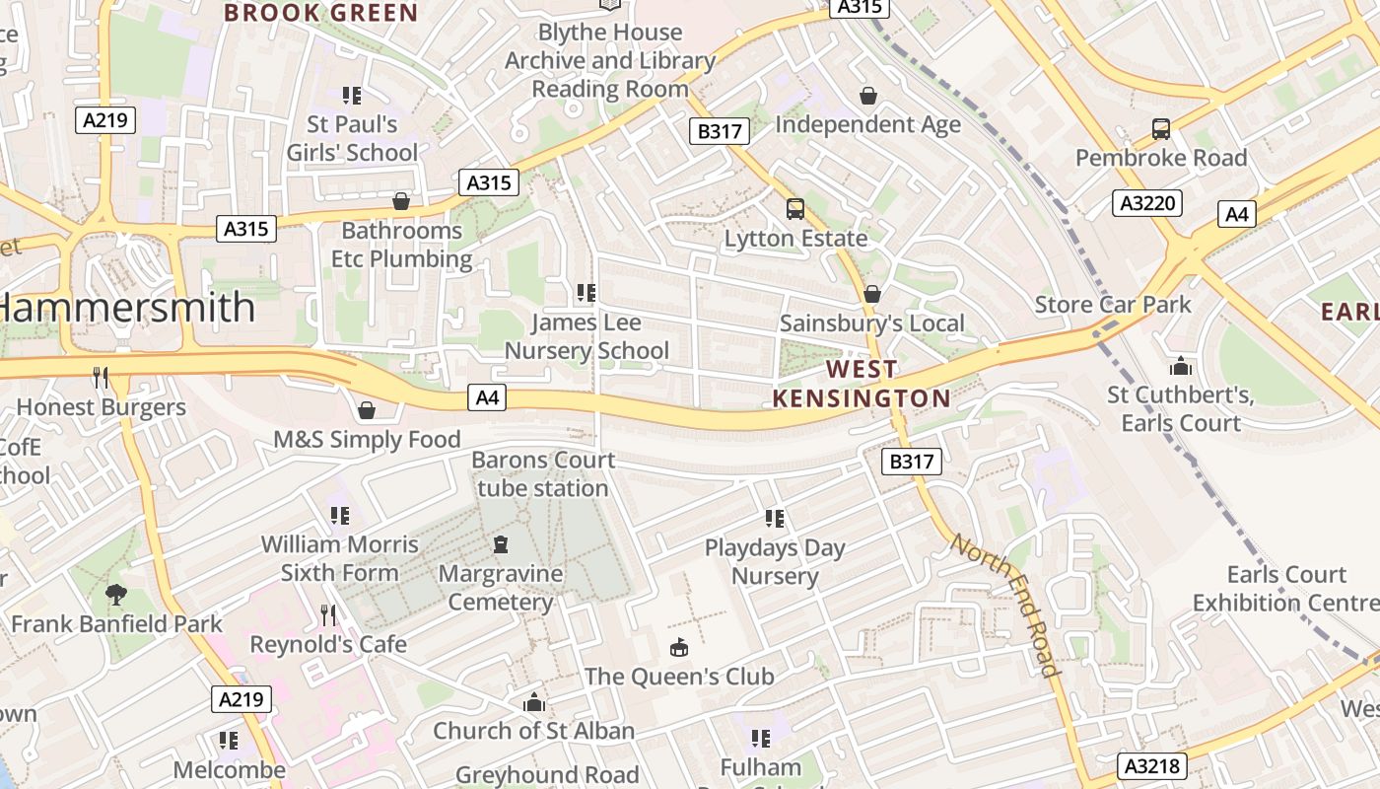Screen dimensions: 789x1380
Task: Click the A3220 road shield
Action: coord(1147,203)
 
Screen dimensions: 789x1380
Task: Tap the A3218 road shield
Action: coord(1152,766)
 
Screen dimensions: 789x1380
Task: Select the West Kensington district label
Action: coord(862,384)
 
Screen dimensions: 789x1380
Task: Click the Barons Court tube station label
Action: coord(543,474)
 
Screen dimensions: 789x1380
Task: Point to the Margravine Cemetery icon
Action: coord(501,544)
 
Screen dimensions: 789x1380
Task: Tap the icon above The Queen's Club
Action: coord(679,647)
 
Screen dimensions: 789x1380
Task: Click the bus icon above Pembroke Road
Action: coord(1161,129)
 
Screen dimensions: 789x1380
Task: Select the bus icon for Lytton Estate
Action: coord(795,209)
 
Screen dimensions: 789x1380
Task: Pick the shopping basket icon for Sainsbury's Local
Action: coord(871,294)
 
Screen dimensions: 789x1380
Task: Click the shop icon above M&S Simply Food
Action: coord(367,409)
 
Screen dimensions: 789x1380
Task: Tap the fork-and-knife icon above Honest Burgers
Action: coord(100,377)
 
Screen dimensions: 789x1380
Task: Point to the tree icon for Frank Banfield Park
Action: coord(116,594)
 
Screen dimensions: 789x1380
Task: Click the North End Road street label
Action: coord(1006,606)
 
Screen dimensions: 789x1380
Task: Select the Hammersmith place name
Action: coord(126,308)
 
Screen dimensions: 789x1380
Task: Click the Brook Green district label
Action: coord(321,13)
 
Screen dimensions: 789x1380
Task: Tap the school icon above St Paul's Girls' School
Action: coord(352,96)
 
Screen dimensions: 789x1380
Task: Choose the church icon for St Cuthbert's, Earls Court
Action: coord(1180,367)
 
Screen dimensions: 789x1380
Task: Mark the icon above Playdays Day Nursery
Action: coord(775,518)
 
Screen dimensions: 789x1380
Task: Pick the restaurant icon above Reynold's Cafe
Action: coord(328,614)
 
